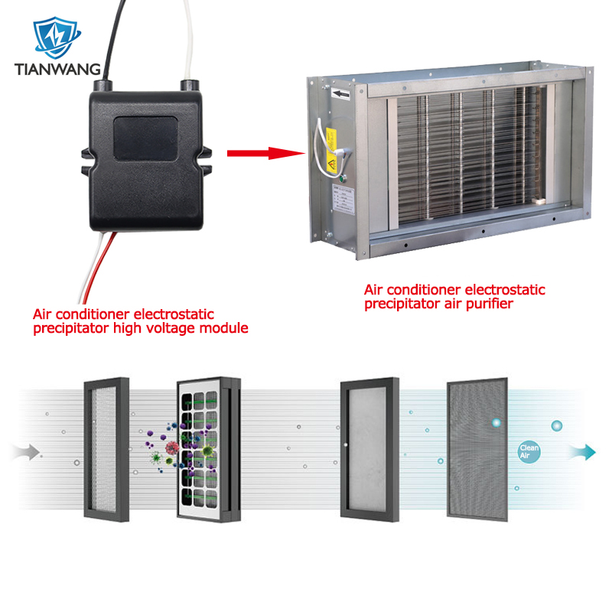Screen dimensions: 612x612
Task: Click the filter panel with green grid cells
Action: [x=204, y=451]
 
